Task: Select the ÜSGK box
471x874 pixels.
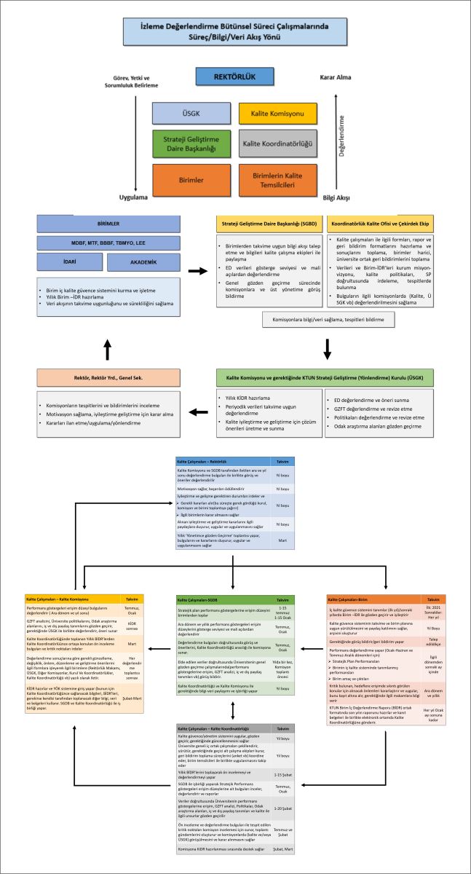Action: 191,113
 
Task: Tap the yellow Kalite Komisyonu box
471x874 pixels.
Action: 278,113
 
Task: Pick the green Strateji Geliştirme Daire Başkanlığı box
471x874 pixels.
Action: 191,143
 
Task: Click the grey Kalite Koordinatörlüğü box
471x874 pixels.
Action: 278,143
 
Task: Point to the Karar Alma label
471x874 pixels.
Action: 336,76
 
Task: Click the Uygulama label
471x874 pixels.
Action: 134,197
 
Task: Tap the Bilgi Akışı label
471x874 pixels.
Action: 336,197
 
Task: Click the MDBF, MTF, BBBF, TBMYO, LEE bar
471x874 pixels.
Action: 108,241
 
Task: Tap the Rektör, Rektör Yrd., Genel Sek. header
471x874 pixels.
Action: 108,377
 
